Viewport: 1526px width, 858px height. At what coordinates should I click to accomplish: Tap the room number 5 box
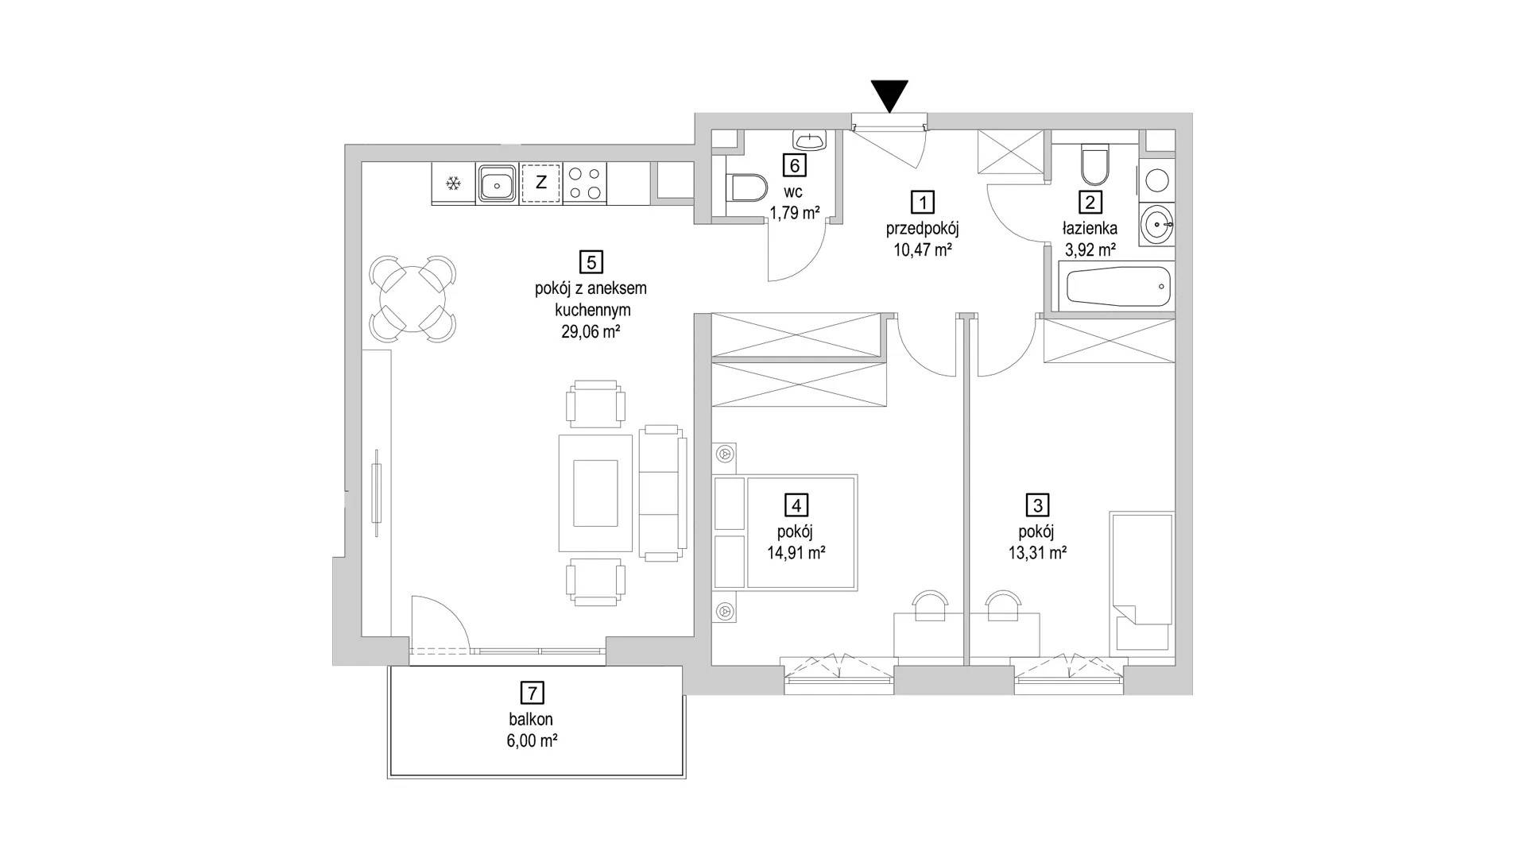tap(591, 261)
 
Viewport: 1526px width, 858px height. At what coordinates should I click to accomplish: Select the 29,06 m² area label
tap(591, 332)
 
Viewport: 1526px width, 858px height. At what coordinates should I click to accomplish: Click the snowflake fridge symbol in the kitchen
tap(454, 184)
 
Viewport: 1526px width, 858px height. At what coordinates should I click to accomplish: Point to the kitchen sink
tap(498, 184)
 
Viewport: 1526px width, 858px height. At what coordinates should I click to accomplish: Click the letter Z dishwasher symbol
tap(541, 184)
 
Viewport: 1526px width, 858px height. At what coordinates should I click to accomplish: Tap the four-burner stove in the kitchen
tap(585, 184)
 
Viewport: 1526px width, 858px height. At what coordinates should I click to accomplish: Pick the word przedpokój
tap(923, 229)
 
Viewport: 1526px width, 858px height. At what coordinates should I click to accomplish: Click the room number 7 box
tap(532, 693)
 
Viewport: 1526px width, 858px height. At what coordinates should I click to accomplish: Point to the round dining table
tap(412, 300)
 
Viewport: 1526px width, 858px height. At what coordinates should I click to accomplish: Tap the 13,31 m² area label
tap(1038, 553)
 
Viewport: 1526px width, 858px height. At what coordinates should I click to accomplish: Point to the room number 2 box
tap(1090, 203)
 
